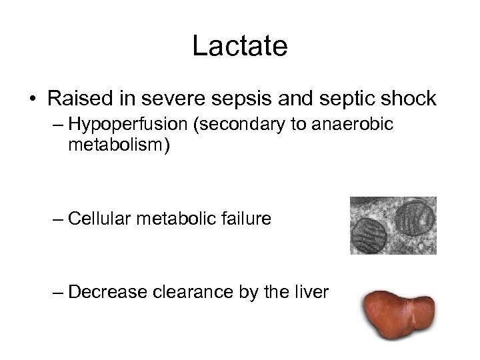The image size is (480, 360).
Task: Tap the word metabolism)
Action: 119,145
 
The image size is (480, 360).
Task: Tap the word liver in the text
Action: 311,293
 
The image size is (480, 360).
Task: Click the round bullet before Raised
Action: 33,100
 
